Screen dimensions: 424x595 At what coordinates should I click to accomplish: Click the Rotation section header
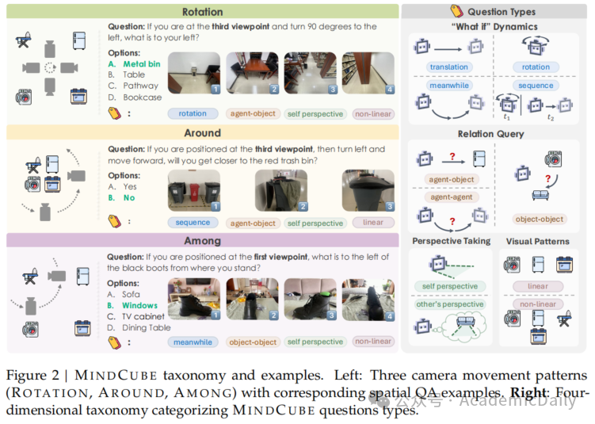(202, 12)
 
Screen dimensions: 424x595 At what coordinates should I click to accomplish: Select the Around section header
(202, 133)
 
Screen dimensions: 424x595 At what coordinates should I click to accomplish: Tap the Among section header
(202, 241)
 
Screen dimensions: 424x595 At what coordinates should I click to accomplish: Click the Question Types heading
(502, 12)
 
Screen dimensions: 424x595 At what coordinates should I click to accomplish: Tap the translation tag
(449, 67)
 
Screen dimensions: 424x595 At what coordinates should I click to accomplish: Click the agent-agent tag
(451, 197)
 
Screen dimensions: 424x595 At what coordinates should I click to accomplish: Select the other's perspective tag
(450, 304)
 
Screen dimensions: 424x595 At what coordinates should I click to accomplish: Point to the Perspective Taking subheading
(451, 241)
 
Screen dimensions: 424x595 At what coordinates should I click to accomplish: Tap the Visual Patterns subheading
(537, 241)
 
